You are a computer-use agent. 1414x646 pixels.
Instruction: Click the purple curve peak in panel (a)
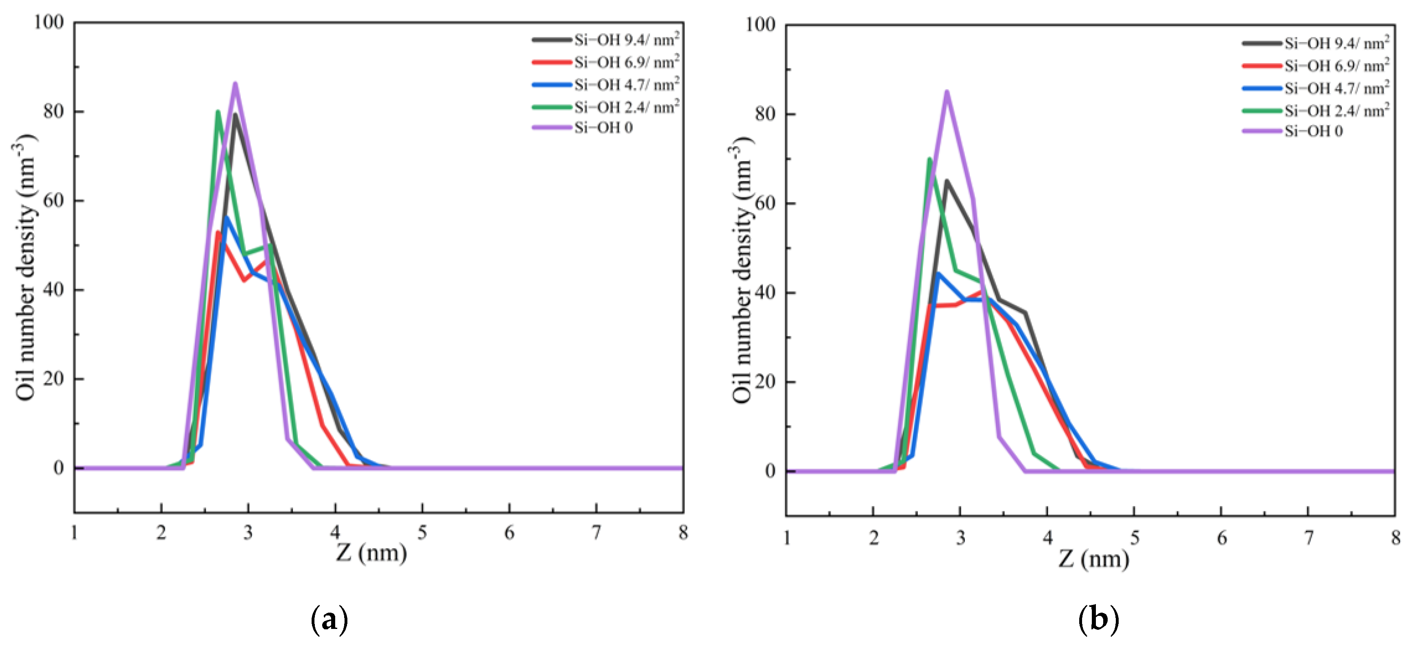235,84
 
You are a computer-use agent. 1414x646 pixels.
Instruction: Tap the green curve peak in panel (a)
218,112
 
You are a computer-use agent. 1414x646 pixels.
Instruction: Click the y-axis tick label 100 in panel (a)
49,22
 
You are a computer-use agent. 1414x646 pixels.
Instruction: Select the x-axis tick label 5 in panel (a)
422,533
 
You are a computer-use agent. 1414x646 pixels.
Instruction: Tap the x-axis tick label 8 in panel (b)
1395,538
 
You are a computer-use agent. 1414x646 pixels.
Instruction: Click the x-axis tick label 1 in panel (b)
787,538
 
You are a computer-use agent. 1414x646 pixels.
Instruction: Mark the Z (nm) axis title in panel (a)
371,553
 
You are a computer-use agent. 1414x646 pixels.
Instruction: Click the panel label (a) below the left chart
329,620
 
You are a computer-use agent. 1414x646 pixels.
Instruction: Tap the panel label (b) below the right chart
1098,620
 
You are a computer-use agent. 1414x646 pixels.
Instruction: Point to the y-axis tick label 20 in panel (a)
54,379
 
